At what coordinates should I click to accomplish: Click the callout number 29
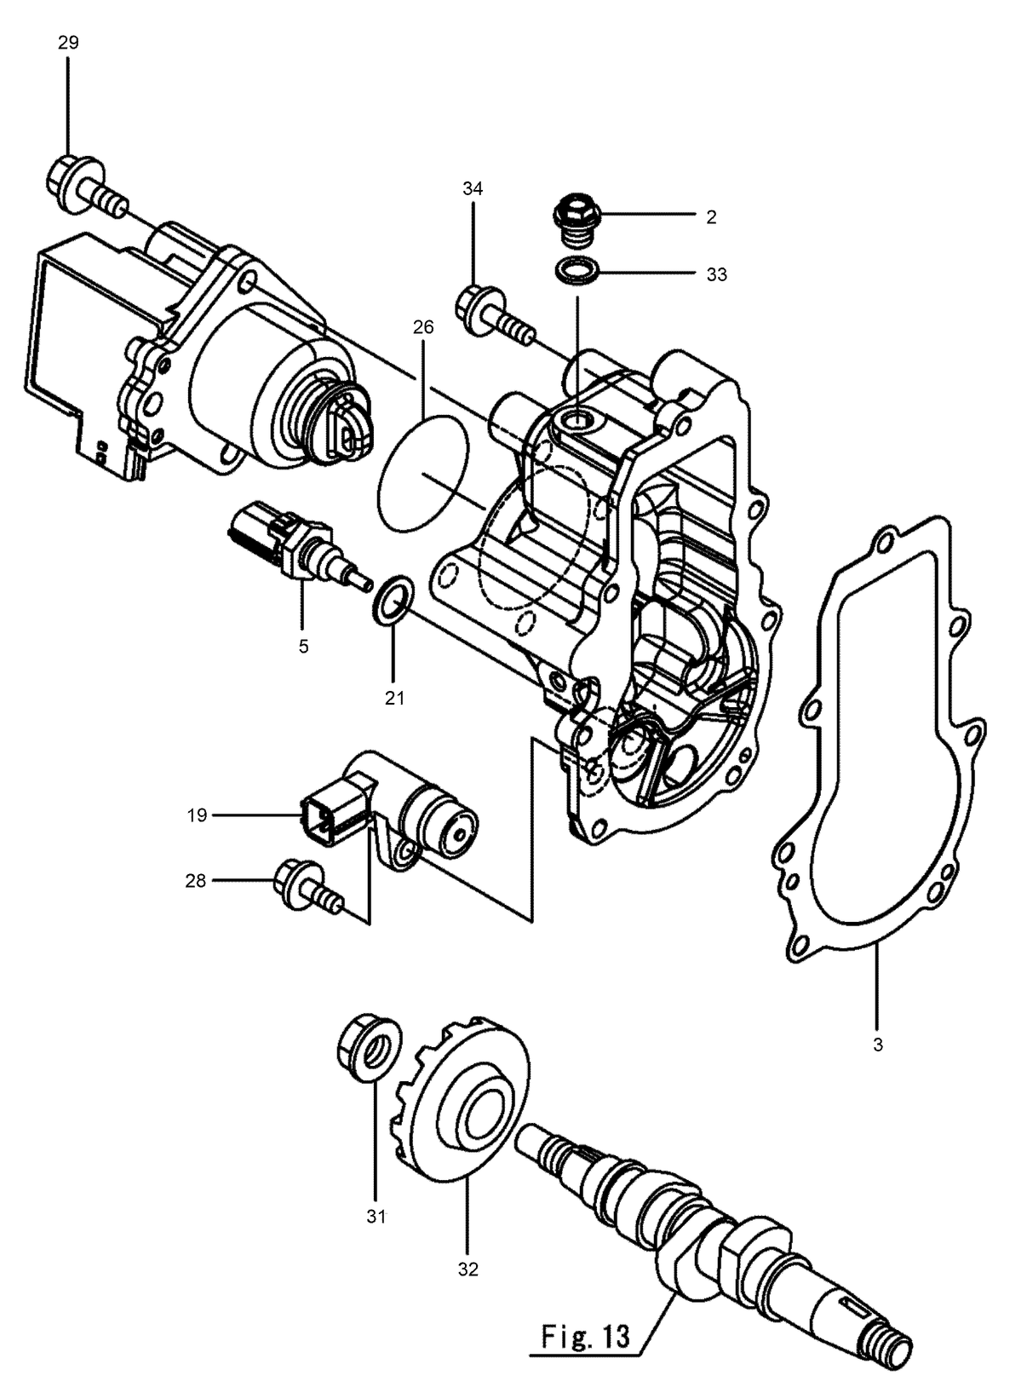pos(68,43)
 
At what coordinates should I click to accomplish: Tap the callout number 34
pos(473,188)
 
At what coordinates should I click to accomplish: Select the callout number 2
pos(711,217)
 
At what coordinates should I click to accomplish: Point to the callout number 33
pos(716,274)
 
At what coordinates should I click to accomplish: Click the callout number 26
pos(422,327)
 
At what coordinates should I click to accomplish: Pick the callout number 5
pos(303,647)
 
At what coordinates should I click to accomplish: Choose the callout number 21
pos(394,698)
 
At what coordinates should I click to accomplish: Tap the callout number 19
pos(197,815)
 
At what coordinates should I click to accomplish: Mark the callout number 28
pos(195,881)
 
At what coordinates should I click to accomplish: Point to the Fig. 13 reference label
pos(586,1319)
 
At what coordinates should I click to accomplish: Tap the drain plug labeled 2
pos(571,222)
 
